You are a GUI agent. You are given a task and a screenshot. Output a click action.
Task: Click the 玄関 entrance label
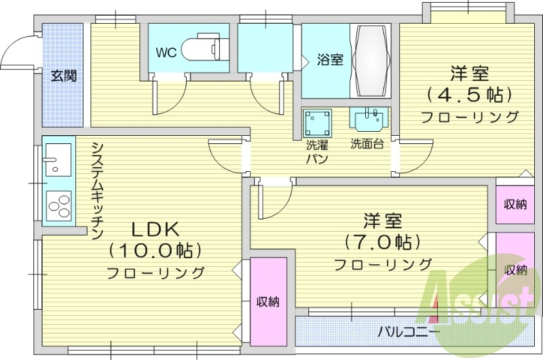[x=62, y=75]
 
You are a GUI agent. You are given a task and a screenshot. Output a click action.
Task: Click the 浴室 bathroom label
[x=330, y=60]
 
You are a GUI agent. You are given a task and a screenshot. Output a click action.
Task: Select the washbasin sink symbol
[x=369, y=118]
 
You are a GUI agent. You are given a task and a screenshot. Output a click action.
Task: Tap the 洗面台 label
[x=367, y=144]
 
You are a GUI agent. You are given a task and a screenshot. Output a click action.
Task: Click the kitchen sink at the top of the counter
[x=57, y=160]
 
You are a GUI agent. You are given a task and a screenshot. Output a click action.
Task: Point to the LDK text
[x=154, y=229]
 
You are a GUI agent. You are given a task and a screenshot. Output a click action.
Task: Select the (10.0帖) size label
[x=155, y=251]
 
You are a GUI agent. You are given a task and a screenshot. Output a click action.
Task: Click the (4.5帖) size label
[x=469, y=93]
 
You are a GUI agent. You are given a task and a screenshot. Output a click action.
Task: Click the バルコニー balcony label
[x=408, y=332]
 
